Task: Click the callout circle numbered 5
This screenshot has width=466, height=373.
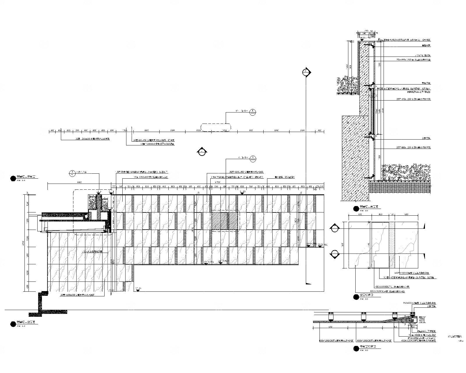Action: [x=253, y=111]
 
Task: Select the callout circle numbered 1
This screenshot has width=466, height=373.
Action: [x=253, y=158]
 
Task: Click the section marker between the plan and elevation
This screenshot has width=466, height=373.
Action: [x=202, y=151]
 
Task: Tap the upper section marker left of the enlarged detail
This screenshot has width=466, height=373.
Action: [x=335, y=228]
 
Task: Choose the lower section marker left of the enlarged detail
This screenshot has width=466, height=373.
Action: [x=335, y=254]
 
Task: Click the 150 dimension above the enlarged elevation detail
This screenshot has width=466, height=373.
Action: [x=392, y=214]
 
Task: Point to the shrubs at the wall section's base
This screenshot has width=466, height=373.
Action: [x=405, y=172]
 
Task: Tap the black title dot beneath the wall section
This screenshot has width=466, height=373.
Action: [x=355, y=208]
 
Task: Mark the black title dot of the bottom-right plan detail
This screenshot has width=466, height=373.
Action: [x=355, y=349]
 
